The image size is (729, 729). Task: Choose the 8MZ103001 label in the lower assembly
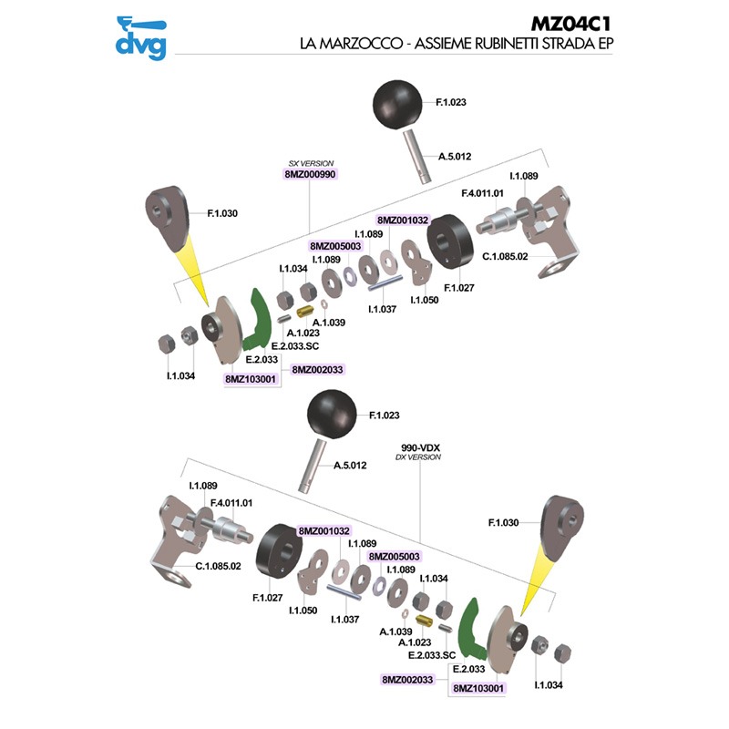click(478, 690)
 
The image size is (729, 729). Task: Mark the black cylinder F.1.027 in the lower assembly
click(281, 550)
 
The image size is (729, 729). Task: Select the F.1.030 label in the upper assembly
click(222, 213)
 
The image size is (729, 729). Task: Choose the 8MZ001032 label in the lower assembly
click(324, 530)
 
